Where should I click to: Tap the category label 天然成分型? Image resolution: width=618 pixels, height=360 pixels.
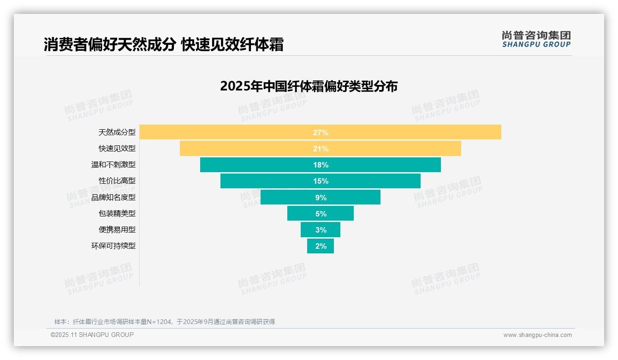(117, 132)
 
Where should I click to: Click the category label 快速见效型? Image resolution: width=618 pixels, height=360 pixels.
(117, 149)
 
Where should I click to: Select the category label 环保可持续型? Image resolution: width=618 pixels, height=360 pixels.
(113, 246)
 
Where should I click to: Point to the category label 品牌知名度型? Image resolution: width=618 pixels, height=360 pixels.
(113, 197)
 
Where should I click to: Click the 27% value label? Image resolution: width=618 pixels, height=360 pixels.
(321, 132)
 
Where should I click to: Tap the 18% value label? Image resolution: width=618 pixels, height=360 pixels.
(321, 165)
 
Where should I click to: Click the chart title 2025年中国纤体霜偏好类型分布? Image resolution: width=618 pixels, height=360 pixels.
(309, 86)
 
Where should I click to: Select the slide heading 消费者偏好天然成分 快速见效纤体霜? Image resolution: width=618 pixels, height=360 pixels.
(163, 44)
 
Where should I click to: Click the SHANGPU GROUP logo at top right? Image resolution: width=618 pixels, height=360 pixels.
(536, 39)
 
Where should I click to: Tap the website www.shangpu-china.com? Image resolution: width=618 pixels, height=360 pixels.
(537, 335)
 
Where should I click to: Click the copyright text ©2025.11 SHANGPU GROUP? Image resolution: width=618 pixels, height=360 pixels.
(92, 335)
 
